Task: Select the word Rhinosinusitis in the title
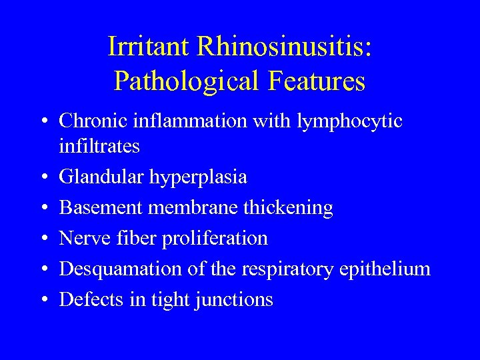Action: pyautogui.click(x=283, y=46)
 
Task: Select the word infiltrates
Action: pyautogui.click(x=99, y=146)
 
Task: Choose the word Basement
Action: pyautogui.click(x=101, y=208)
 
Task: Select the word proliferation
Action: pyautogui.click(x=215, y=239)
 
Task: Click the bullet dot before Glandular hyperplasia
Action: pyautogui.click(x=42, y=178)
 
